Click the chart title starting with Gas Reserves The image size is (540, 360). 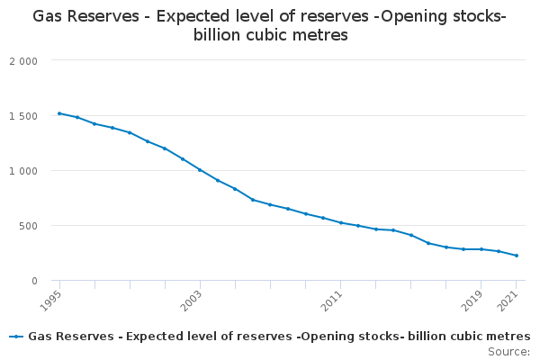coord(270,26)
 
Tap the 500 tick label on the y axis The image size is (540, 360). coord(28,226)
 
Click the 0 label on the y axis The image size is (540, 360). coord(33,281)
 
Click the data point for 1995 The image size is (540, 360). coord(59,113)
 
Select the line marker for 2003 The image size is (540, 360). coord(200,170)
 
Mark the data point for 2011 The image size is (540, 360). coord(340,222)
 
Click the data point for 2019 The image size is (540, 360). coord(481,249)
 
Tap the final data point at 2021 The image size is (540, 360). coord(516,256)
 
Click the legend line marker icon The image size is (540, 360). coord(16,337)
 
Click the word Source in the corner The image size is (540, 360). coord(508,351)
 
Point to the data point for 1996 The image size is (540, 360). coord(77,117)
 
